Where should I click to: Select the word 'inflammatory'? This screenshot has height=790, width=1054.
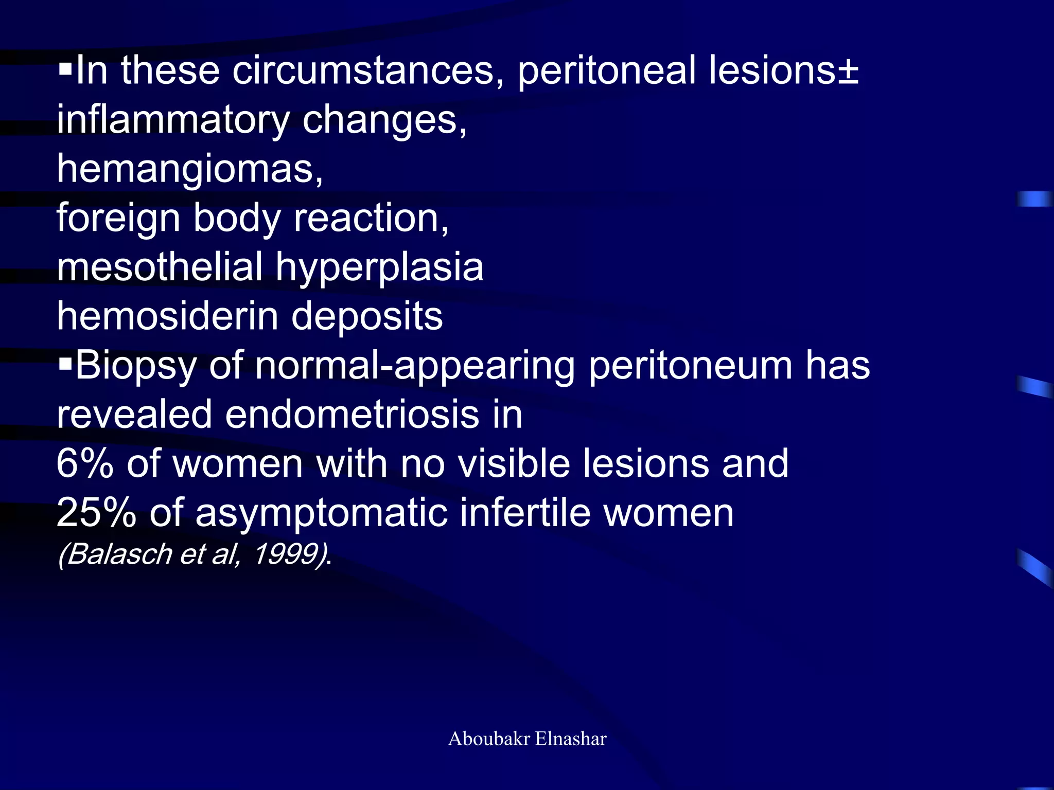173,120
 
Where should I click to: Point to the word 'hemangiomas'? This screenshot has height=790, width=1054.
189,169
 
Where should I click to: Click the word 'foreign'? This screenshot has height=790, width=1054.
118,218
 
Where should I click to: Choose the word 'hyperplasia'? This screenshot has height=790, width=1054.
379,268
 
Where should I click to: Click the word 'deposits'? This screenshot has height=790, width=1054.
366,317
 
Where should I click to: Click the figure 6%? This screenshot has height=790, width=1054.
85,463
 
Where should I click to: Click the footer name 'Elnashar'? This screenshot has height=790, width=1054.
571,739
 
